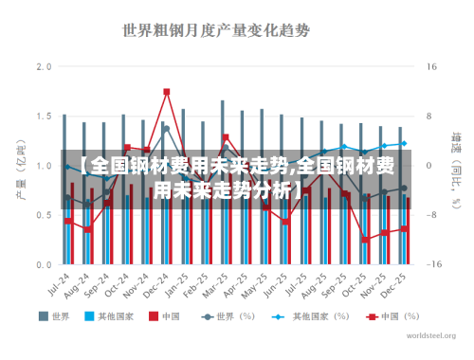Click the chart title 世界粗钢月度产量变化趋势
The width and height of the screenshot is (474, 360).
(216, 29)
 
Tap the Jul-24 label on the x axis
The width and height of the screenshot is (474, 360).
(61, 284)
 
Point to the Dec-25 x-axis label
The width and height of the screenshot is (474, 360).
(401, 284)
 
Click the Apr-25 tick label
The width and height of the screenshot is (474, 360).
(241, 284)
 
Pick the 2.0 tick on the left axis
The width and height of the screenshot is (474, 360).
(44, 67)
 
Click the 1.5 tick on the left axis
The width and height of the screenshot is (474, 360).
(44, 117)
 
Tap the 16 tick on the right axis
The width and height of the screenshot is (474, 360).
(431, 67)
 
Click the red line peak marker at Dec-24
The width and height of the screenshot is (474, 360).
(167, 92)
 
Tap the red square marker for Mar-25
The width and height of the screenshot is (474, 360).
(226, 137)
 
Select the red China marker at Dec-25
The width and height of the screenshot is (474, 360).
(405, 228)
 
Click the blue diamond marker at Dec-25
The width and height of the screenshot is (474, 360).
(404, 144)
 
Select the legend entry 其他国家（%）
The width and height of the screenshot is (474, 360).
(304, 315)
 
